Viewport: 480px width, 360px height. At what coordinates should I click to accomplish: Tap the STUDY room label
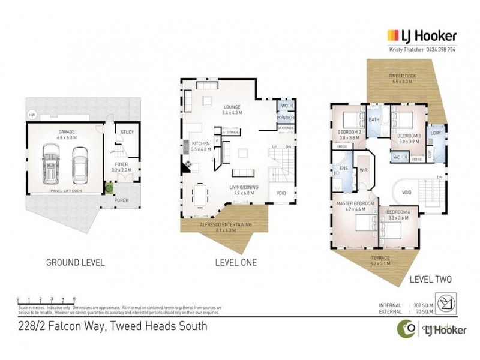coord(127,133)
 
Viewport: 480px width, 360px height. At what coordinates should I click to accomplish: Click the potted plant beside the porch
coord(109,188)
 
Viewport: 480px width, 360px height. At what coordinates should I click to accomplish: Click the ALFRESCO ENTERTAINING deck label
coord(225,224)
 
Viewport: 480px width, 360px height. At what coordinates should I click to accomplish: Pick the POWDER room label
coord(285,118)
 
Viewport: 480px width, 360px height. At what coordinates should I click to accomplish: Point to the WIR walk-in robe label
coord(364,170)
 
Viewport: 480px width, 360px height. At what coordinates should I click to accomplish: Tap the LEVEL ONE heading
coord(235,263)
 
